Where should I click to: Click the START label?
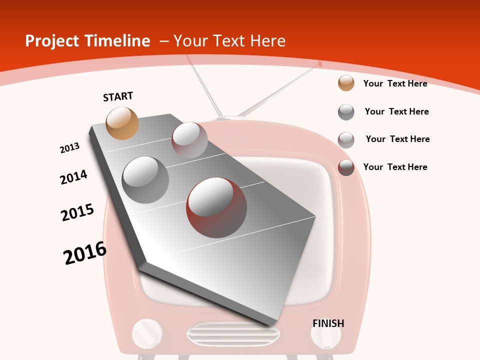pos(118,96)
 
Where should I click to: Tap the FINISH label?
pos(328,323)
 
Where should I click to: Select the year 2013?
pos(69,148)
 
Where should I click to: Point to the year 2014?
pos(73,177)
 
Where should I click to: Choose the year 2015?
pos(77,212)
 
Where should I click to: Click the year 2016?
pos(85,253)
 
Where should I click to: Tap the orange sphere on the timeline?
pos(122,123)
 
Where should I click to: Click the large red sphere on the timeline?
pos(216,207)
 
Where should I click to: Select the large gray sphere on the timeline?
pos(145,179)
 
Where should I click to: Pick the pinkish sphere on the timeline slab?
pos(189,139)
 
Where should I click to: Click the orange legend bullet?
pos(346,83)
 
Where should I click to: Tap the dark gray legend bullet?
pos(346,112)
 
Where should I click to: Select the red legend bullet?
pos(346,167)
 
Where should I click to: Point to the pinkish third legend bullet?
pos(346,140)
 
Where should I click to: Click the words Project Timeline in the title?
pos(87,41)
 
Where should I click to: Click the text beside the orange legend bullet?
pos(395,83)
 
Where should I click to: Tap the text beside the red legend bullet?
pos(395,167)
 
